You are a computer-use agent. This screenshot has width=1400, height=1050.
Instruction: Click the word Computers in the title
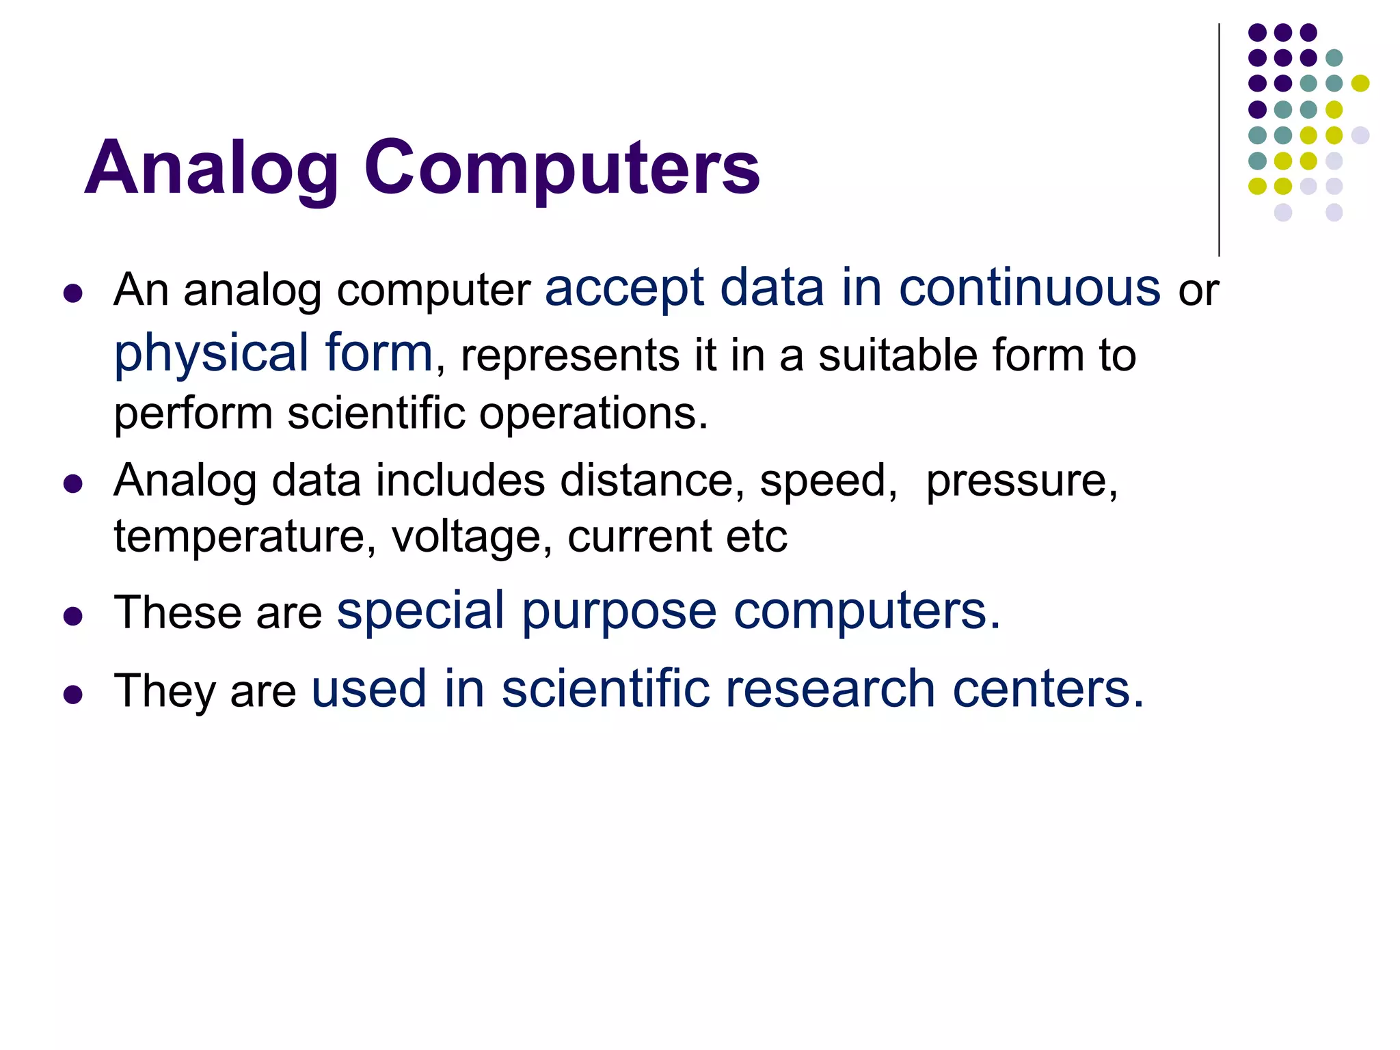tap(561, 168)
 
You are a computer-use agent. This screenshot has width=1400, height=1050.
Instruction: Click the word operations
tap(593, 414)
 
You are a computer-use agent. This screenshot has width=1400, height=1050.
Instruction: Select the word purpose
tap(619, 612)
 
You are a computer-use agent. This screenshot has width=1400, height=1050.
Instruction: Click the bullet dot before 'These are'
tap(72, 617)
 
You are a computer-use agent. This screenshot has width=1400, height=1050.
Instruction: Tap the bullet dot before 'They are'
tap(72, 695)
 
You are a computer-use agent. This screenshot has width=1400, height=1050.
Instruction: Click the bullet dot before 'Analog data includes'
tap(72, 485)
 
